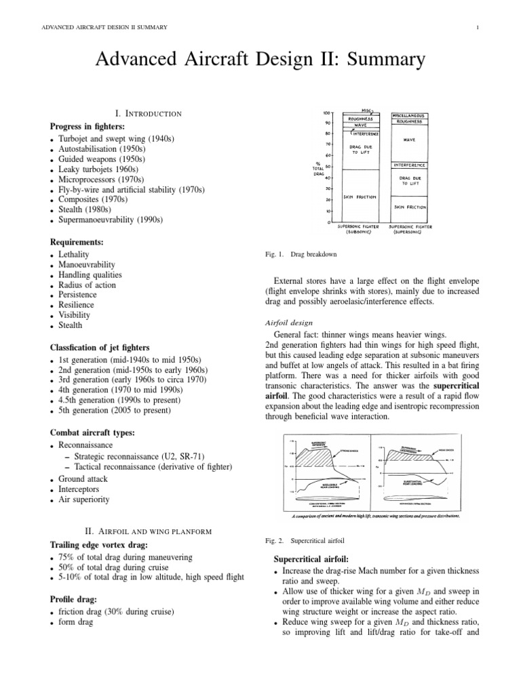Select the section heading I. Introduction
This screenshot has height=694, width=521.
[149, 114]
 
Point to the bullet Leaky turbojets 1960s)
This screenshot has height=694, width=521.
[109, 169]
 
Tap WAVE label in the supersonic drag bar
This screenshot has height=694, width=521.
[409, 140]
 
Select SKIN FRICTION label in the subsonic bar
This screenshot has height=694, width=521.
[358, 195]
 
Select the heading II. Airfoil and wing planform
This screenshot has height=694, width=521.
[149, 530]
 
